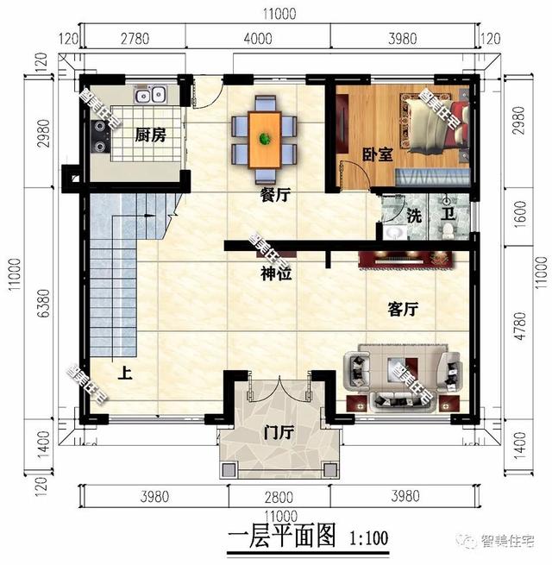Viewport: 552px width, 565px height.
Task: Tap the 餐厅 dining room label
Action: point(274,196)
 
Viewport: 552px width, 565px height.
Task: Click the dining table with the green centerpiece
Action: point(265,134)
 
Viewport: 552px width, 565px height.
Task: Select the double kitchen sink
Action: point(149,93)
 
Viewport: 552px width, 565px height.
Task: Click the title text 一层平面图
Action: point(280,536)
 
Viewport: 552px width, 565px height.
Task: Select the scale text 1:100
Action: point(370,537)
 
